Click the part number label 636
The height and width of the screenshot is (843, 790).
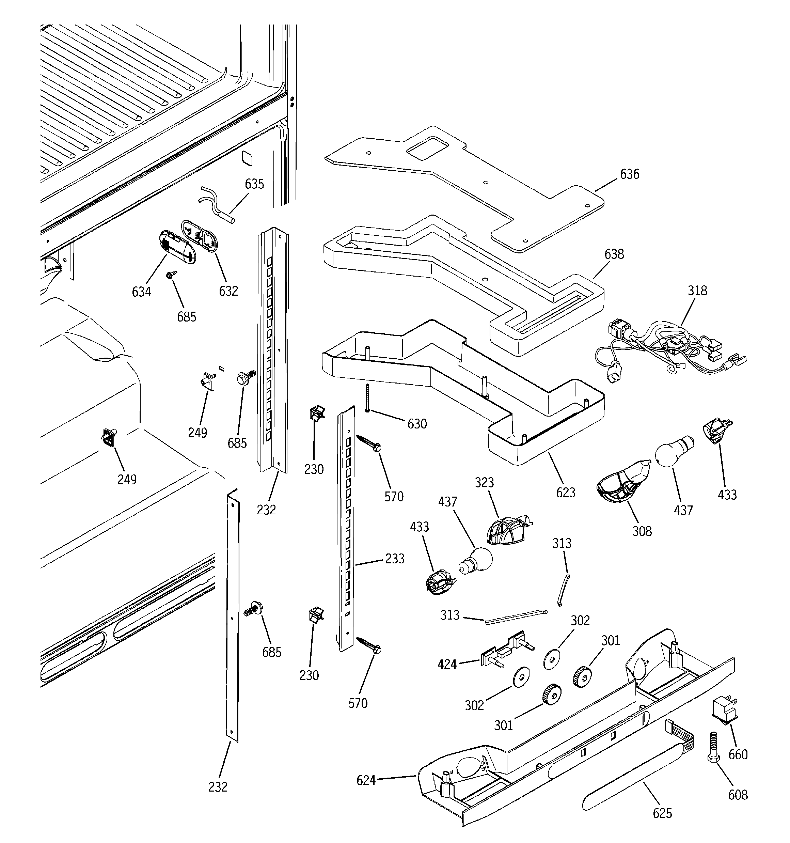pyautogui.click(x=629, y=174)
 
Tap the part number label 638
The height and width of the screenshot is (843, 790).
pyautogui.click(x=614, y=254)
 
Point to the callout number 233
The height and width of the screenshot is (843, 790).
pyautogui.click(x=394, y=559)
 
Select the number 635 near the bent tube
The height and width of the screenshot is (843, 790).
pyautogui.click(x=254, y=184)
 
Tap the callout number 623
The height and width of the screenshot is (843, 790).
pyautogui.click(x=566, y=493)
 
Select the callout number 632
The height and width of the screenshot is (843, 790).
pyautogui.click(x=228, y=291)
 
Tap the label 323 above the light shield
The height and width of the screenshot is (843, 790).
pyautogui.click(x=484, y=483)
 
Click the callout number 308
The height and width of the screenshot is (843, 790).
pyautogui.click(x=642, y=531)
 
